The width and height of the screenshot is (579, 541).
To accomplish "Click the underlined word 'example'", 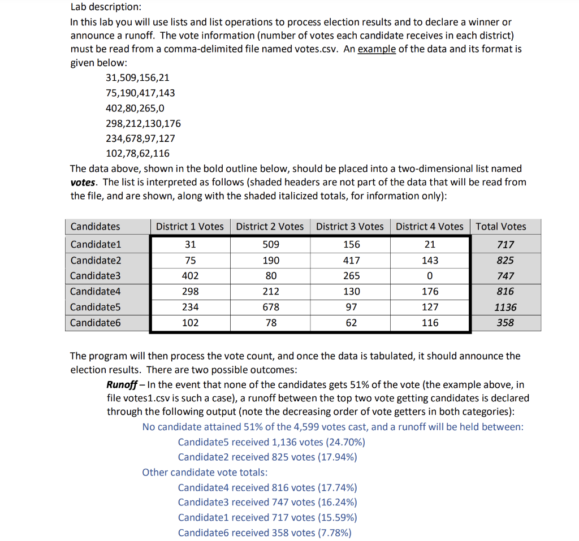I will click(377, 49).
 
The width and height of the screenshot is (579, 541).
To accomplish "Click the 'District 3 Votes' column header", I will click(349, 227).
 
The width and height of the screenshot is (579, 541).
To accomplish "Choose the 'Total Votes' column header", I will click(500, 227).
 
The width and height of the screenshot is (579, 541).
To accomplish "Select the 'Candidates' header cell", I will click(95, 227).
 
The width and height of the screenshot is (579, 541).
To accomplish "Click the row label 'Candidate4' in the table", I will click(96, 292).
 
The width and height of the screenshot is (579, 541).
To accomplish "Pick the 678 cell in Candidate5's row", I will click(270, 307).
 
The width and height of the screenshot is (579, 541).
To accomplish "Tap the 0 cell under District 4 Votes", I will click(430, 276).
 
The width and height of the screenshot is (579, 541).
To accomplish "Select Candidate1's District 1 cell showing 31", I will click(190, 245).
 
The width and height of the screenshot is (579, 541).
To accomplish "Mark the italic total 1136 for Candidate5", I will click(505, 307).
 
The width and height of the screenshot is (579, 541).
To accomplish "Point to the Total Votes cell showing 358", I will click(505, 323).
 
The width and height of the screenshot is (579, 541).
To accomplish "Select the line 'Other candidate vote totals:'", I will click(205, 472).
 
